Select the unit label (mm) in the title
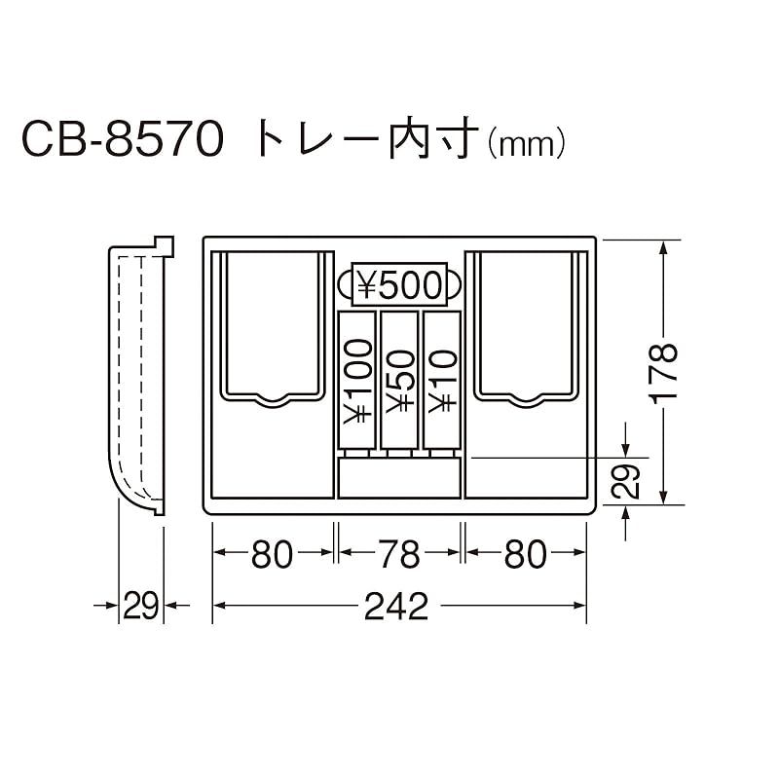click(x=525, y=146)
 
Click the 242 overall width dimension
click(x=397, y=607)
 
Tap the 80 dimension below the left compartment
click(x=273, y=554)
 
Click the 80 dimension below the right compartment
click(x=526, y=554)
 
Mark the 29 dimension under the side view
click(x=141, y=607)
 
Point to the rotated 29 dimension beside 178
click(x=627, y=480)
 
